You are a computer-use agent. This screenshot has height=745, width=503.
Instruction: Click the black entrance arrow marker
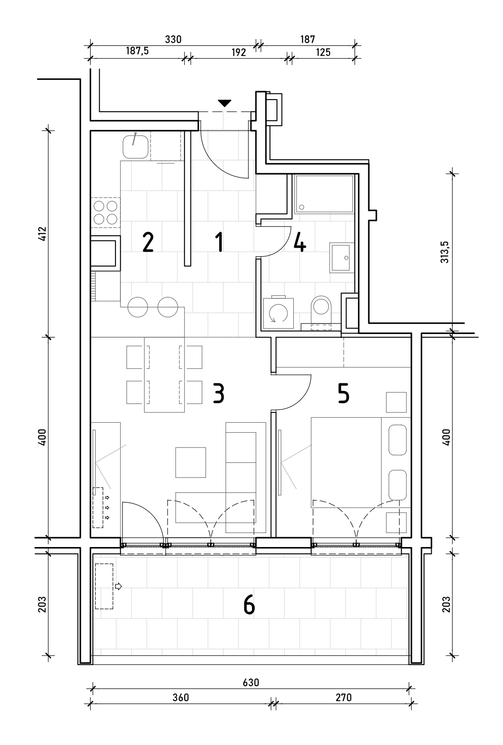pos(225,103)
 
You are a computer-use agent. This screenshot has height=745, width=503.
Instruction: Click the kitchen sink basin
pos(136,147)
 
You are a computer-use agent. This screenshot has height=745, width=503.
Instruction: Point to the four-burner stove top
pos(106,213)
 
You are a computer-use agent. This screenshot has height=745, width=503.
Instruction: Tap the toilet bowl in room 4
pos(321,309)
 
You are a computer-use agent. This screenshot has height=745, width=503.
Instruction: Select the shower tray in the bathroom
pos(324,194)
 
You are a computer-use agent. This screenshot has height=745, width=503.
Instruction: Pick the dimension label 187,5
pos(137,51)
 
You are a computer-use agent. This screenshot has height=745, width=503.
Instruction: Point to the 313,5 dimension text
pos(445,252)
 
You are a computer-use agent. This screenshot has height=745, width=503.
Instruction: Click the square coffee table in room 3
pos(191,462)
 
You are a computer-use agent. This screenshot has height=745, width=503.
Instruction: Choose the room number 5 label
pos(344,394)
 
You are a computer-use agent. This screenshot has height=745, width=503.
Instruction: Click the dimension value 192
pos(238,52)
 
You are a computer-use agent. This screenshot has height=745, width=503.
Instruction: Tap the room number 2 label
pos(148,242)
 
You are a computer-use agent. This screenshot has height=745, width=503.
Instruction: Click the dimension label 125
pos(323,52)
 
